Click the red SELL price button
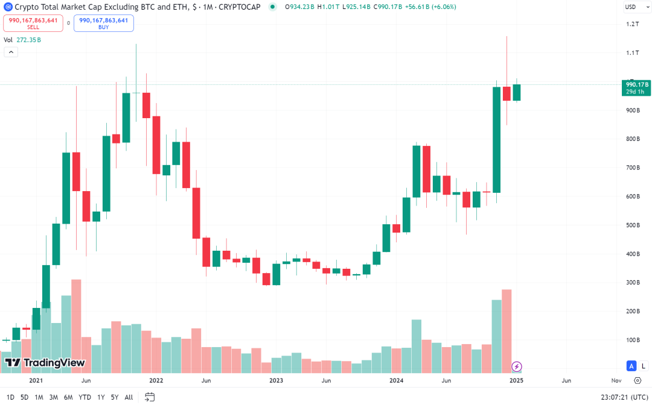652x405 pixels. click(33, 23)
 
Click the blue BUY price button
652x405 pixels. click(103, 23)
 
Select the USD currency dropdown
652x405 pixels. click(633, 7)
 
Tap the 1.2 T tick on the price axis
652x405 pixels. click(633, 24)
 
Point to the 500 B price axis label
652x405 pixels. click(633, 225)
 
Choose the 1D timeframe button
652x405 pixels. click(10, 397)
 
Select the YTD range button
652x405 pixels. click(85, 397)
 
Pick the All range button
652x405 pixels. click(129, 397)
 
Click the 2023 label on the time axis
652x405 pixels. click(276, 381)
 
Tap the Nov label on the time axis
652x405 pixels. click(616, 381)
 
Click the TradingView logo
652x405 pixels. click(45, 363)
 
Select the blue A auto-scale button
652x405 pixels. click(631, 366)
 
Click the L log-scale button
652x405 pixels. click(643, 366)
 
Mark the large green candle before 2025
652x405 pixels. click(497, 140)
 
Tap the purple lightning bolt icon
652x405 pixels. click(517, 366)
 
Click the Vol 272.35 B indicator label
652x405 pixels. click(22, 40)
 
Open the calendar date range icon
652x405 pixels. click(150, 397)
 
